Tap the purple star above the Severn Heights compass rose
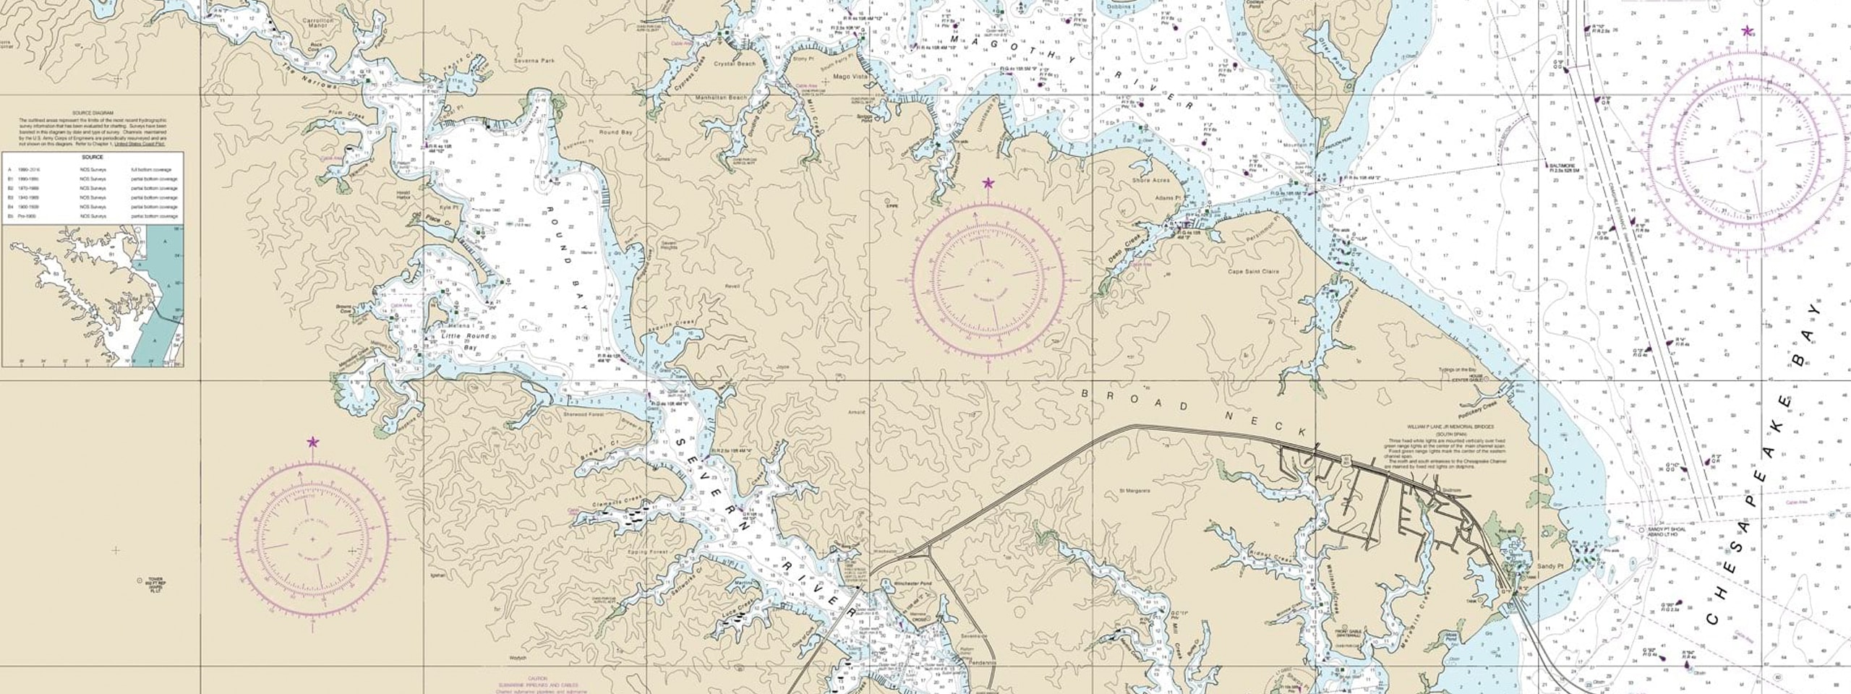[988, 184]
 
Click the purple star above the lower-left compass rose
[312, 442]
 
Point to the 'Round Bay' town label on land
[615, 133]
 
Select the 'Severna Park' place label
[534, 61]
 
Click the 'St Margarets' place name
[1134, 491]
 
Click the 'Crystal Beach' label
[735, 64]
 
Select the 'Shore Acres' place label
[1151, 180]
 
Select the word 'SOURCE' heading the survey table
[93, 157]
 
